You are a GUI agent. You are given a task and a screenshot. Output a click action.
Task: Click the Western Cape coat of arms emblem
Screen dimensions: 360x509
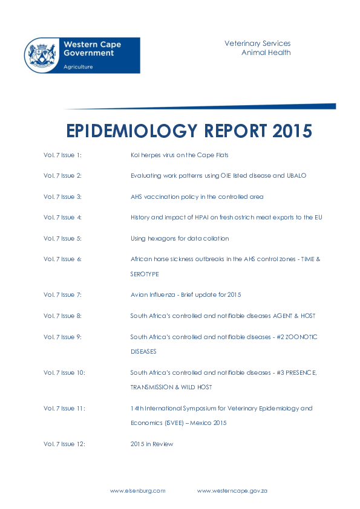coord(42,55)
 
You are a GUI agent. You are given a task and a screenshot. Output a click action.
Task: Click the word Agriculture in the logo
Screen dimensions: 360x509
coord(78,67)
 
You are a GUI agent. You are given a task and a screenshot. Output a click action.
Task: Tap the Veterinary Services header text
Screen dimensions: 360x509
coord(257,44)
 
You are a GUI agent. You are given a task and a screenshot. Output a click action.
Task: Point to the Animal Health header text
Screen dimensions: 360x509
coord(266,53)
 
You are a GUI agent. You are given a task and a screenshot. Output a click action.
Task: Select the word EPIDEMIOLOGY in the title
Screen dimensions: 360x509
coord(131,131)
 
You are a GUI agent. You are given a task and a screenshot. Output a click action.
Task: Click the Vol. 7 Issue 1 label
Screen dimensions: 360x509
coord(62,155)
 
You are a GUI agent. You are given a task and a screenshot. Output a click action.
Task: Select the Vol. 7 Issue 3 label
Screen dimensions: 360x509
coord(62,196)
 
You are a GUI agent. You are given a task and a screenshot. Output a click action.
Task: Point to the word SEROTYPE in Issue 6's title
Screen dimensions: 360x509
coord(145,274)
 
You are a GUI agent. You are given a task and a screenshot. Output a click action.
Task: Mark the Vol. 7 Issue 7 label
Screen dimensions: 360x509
coord(62,294)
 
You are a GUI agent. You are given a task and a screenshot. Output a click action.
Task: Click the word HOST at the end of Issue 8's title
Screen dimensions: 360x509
coord(307,316)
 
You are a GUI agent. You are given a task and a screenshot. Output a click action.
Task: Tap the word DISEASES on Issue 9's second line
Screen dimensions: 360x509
coord(143,351)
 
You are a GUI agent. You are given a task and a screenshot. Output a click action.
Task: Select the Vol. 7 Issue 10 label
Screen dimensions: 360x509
coord(64,372)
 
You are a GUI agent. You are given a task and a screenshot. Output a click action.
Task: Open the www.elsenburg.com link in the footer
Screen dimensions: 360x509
coord(137,491)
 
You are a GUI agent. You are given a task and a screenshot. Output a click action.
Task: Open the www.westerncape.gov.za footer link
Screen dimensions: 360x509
coord(232,491)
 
